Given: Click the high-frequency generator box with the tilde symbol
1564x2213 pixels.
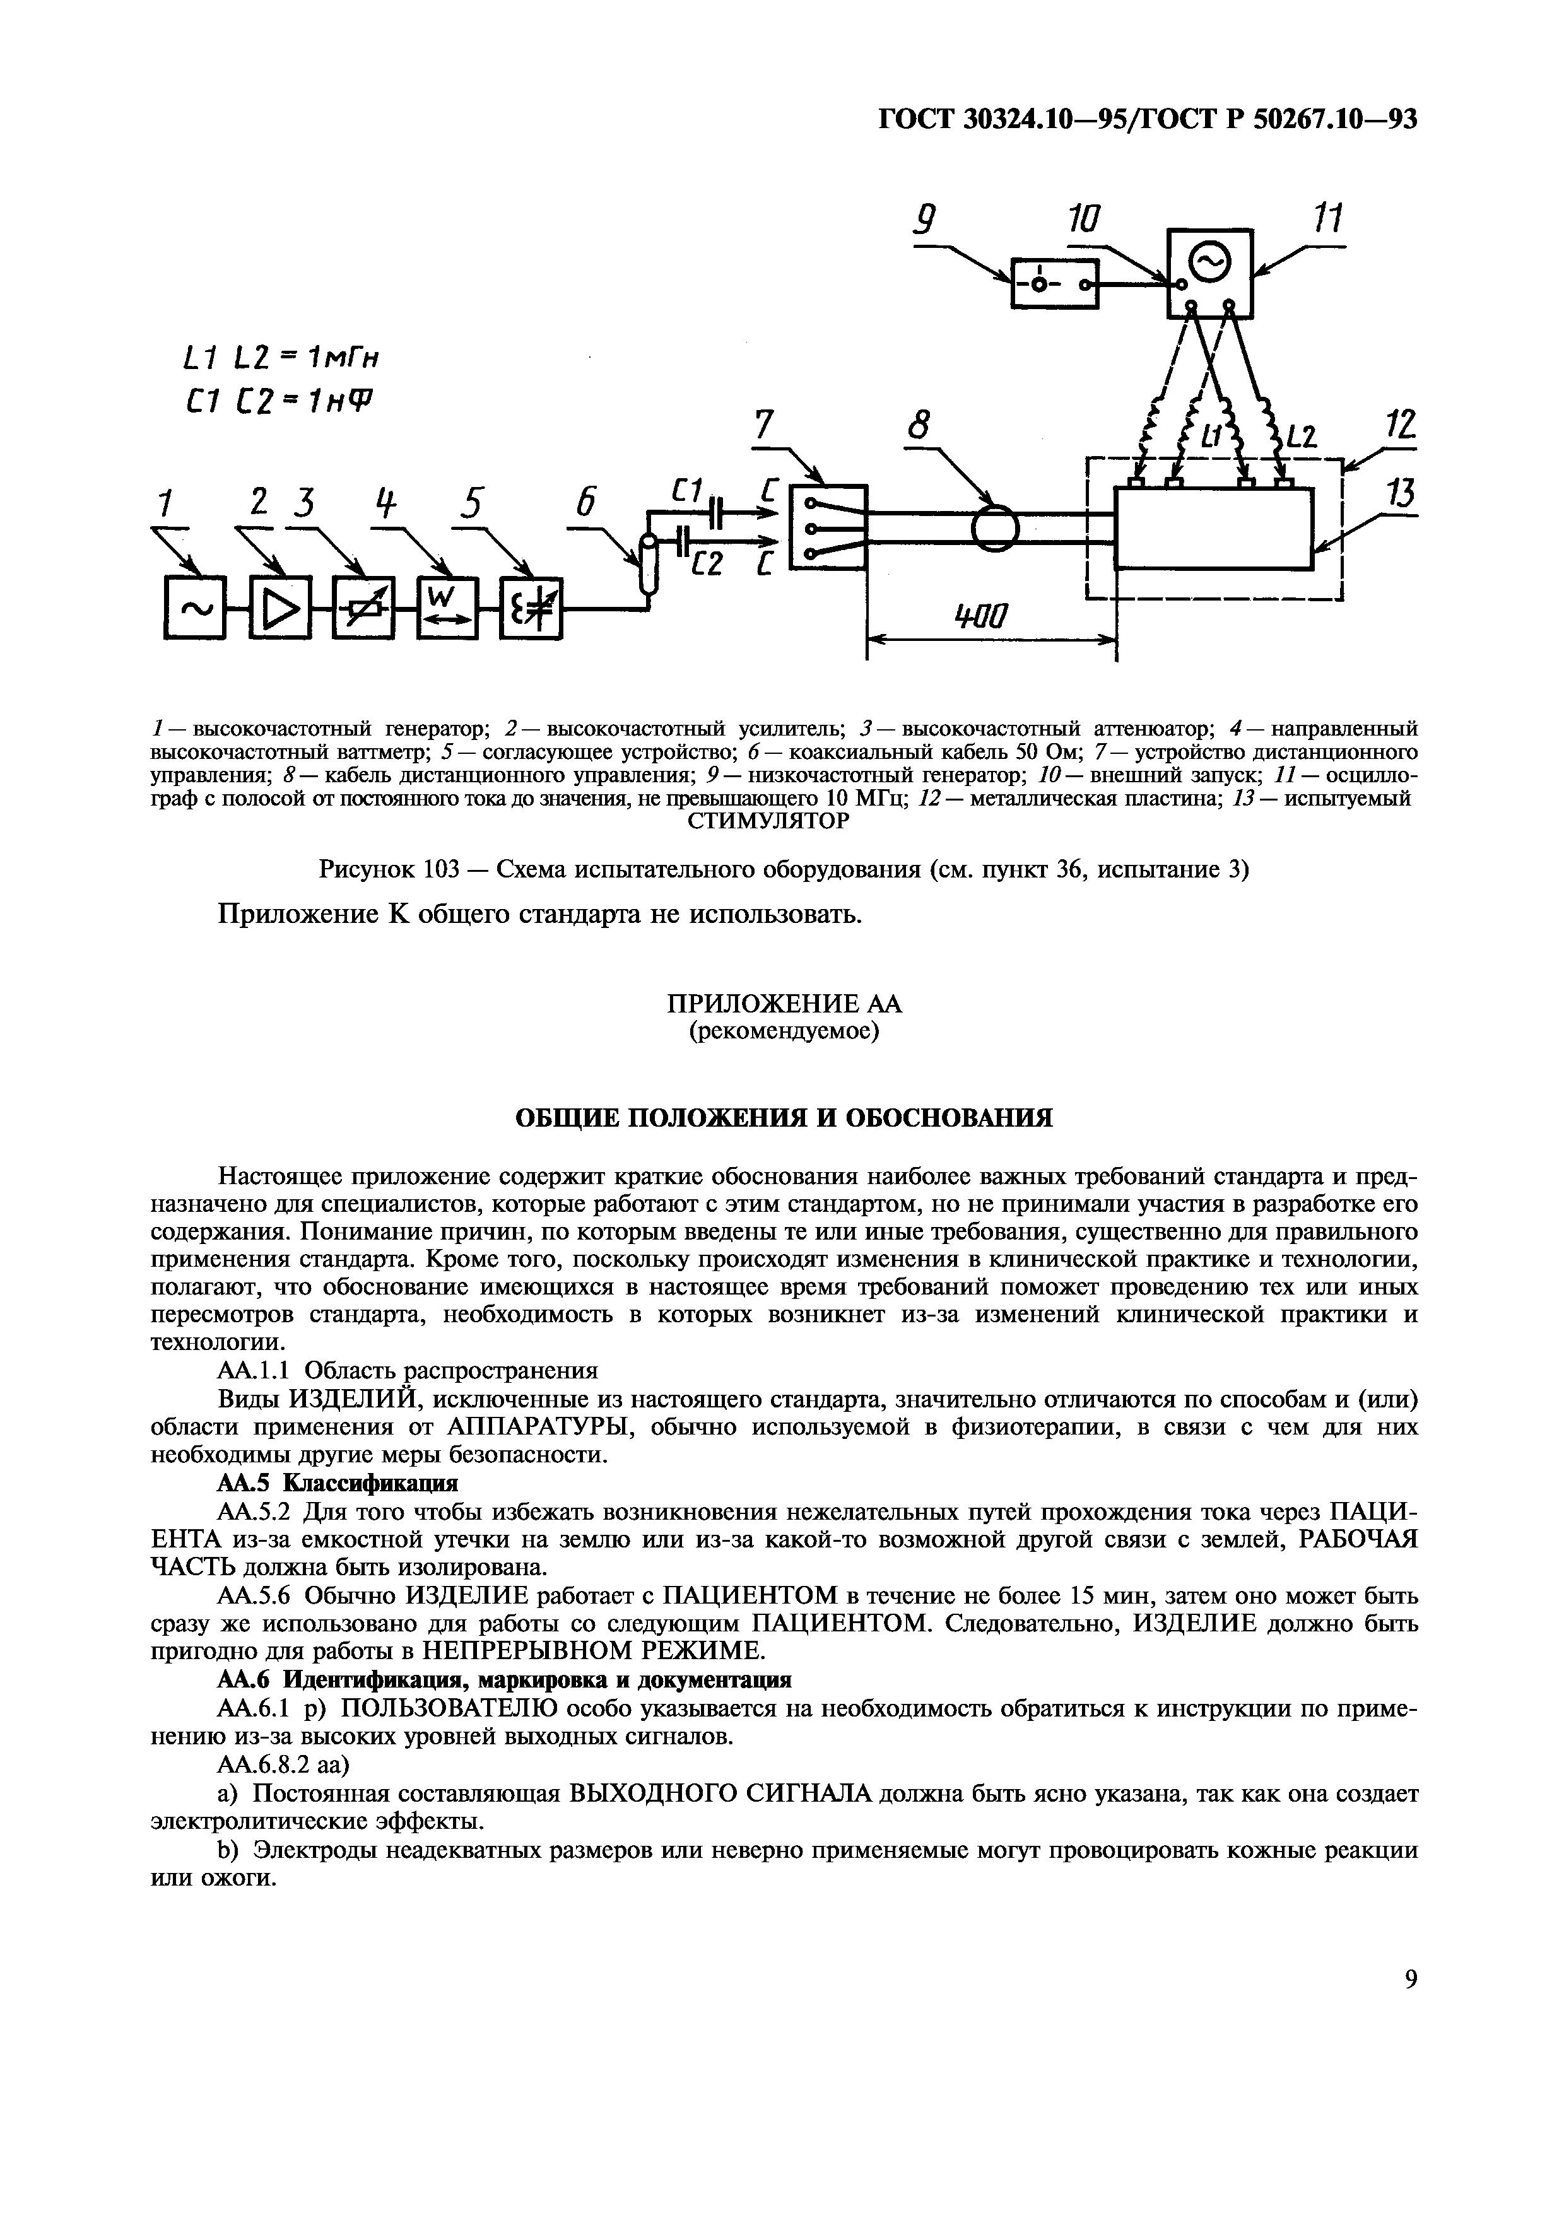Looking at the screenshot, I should [195, 608].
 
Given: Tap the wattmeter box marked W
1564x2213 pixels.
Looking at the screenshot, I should [447, 608].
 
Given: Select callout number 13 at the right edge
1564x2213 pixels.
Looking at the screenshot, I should [1402, 496].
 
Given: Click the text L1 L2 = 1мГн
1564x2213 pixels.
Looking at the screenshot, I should [280, 358].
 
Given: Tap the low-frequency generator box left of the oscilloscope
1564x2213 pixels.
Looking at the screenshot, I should [1054, 283].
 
